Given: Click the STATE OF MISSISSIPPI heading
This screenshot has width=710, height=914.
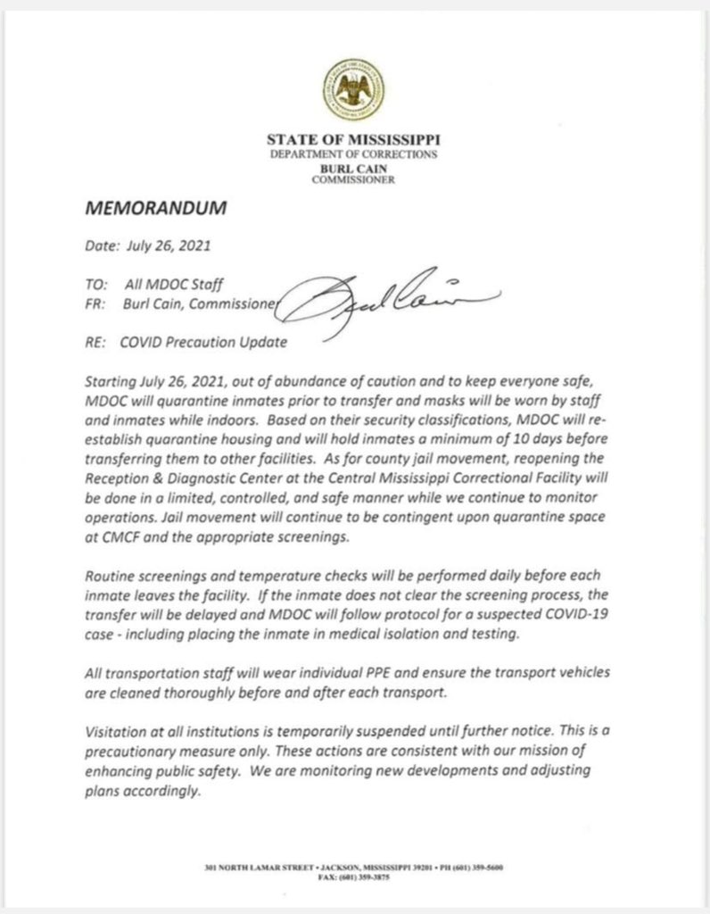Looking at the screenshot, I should (354, 140).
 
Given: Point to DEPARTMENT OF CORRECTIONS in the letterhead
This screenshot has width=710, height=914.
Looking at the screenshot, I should (354, 154).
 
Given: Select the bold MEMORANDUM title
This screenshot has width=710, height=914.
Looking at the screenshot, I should (157, 209).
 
